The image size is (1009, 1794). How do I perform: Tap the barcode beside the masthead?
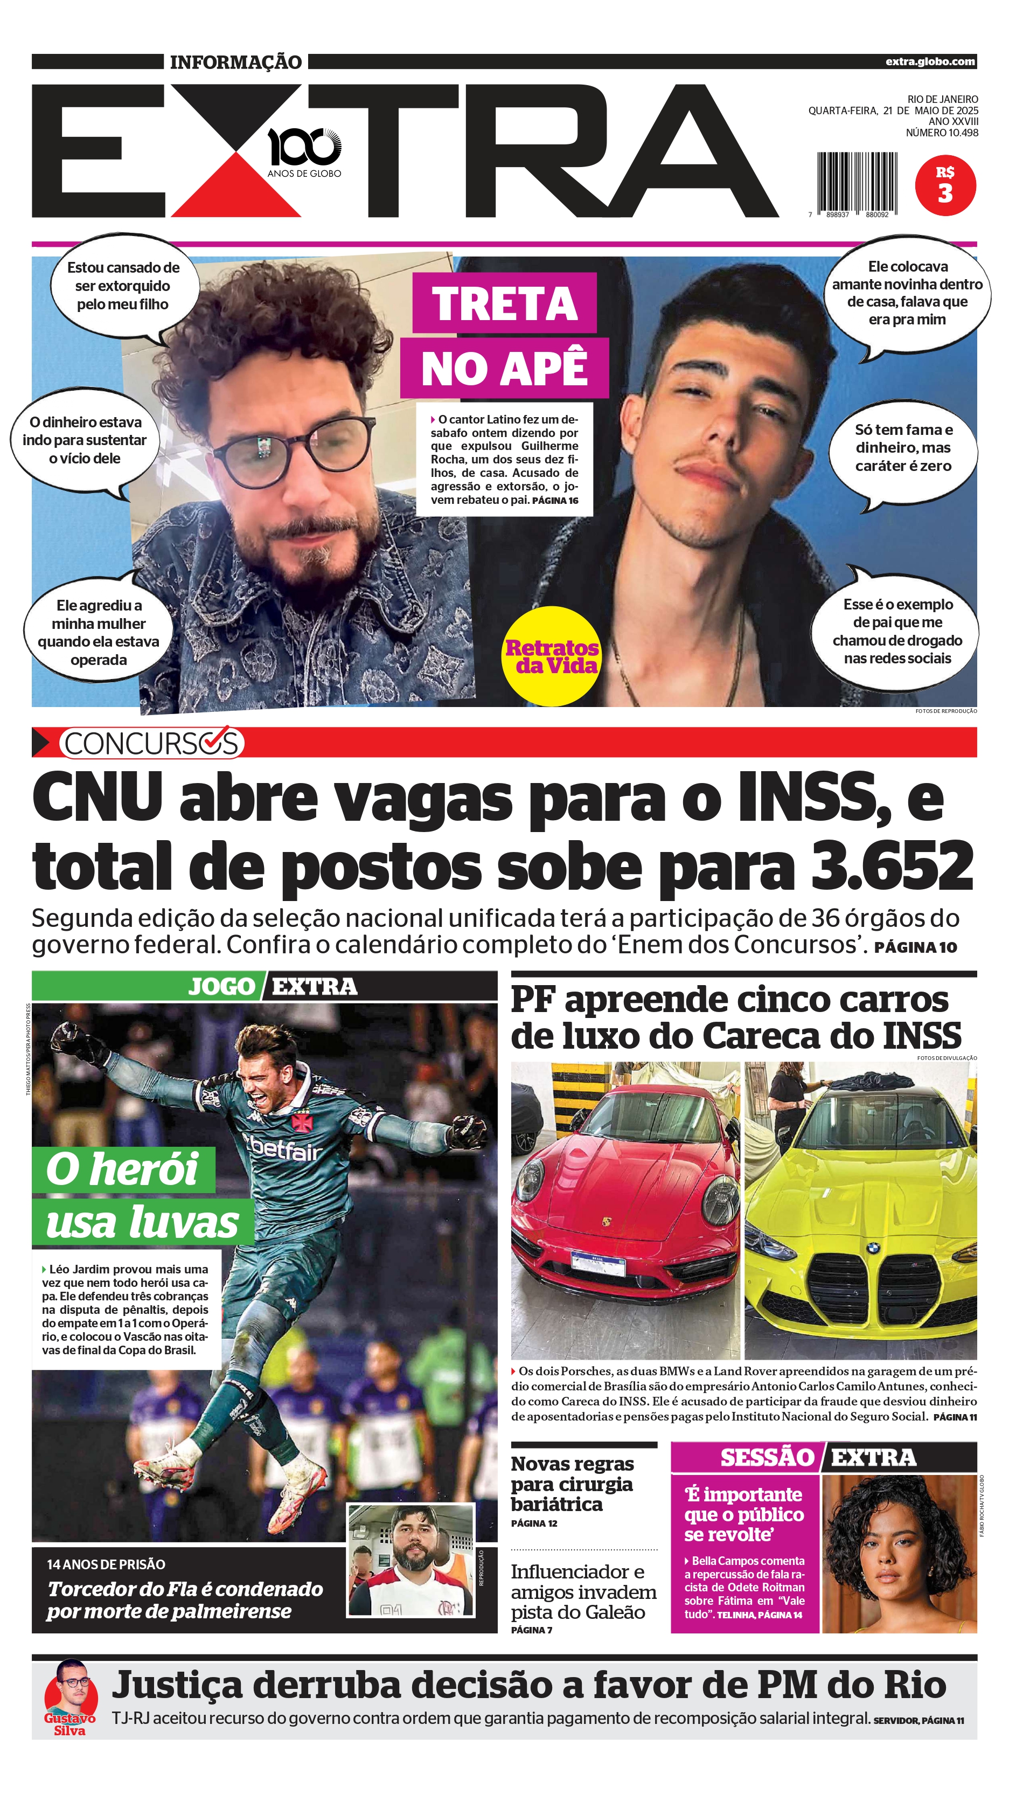click(x=857, y=183)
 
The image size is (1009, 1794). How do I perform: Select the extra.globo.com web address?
click(x=930, y=61)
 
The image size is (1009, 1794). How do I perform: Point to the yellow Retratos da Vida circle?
click(x=551, y=656)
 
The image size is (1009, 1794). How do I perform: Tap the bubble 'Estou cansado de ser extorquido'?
click(x=123, y=286)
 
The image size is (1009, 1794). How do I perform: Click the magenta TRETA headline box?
click(x=504, y=303)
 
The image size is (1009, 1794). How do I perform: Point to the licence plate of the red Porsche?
click(x=597, y=1260)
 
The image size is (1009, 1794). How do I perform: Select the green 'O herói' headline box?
click(x=123, y=1169)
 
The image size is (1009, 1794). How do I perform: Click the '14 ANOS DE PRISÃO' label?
click(x=106, y=1564)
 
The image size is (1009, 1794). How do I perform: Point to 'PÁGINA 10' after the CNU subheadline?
click(x=915, y=947)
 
